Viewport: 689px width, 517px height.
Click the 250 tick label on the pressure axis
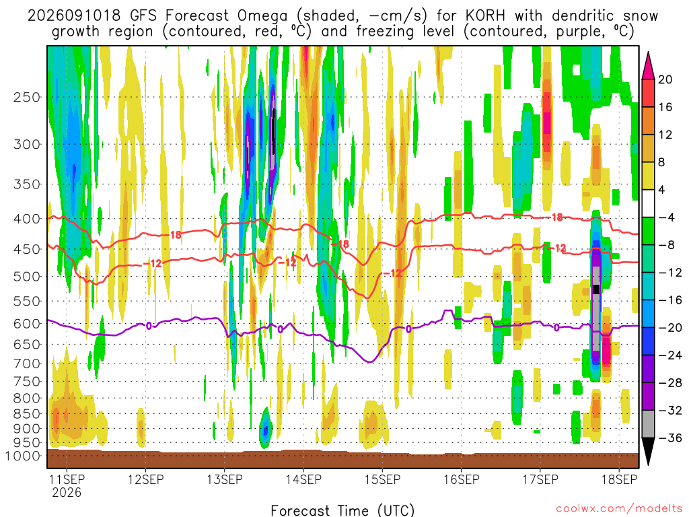(27, 97)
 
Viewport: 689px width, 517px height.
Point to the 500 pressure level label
(27, 277)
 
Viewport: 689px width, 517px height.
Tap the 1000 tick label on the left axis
(22, 456)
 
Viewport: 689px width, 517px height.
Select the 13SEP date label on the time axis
(225, 479)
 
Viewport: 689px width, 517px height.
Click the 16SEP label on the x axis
(462, 479)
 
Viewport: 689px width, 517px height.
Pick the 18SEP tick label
(620, 479)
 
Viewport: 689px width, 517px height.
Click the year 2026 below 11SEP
(67, 492)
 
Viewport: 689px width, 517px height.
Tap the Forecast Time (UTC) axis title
(342, 510)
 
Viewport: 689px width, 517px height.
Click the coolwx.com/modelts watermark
(619, 509)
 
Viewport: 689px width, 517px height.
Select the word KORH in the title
(485, 16)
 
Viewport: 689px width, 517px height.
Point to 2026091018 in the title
(74, 16)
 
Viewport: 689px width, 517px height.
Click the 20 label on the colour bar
(665, 79)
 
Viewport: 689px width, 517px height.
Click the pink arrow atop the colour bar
(648, 66)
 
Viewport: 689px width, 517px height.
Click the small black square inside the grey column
(596, 289)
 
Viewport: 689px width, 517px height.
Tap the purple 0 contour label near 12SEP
(149, 326)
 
